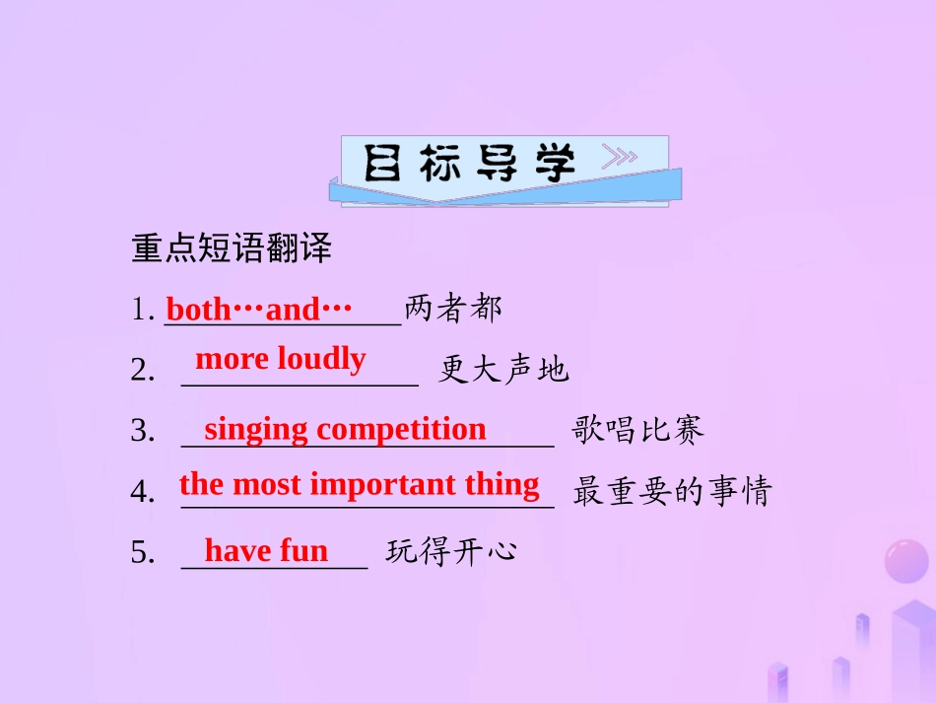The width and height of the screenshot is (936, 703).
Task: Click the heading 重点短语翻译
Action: click(x=232, y=249)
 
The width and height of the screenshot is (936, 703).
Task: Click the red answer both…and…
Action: click(x=259, y=310)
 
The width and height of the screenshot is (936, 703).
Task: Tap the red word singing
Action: click(x=257, y=429)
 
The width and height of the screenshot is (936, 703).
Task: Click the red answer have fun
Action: click(x=266, y=550)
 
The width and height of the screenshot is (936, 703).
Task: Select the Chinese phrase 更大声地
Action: click(x=503, y=370)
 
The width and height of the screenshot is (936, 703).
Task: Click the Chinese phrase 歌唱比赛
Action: click(x=638, y=430)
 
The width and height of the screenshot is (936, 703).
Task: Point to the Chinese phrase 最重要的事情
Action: click(x=672, y=491)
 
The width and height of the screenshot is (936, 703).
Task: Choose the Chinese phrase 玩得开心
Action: click(x=451, y=551)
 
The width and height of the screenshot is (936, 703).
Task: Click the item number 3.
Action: click(x=142, y=431)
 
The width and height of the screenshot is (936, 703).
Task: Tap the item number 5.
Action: click(x=142, y=553)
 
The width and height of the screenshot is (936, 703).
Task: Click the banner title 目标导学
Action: click(x=469, y=164)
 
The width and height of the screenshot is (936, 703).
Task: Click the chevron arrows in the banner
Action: click(x=620, y=158)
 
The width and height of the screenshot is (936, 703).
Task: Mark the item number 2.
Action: click(x=142, y=371)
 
